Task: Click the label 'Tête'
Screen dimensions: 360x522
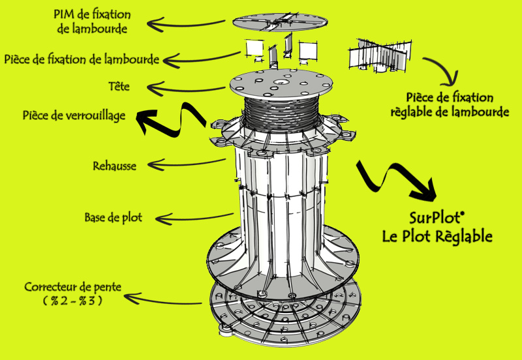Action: (x=121, y=87)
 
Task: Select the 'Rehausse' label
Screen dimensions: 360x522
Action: (x=115, y=166)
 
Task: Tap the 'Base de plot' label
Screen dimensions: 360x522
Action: (x=113, y=217)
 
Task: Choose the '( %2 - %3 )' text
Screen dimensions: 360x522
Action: (x=72, y=301)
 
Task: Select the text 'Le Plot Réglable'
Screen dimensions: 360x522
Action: (x=437, y=235)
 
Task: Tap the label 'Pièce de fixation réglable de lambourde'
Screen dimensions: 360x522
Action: (x=450, y=105)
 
